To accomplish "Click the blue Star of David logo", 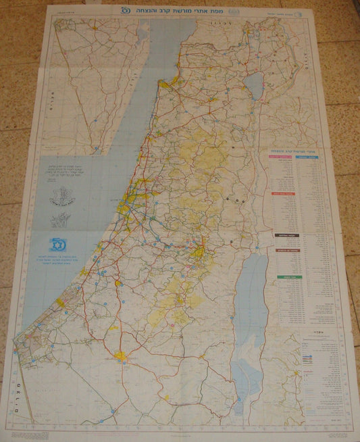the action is (56, 243).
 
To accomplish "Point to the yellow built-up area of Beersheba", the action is (122, 354).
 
